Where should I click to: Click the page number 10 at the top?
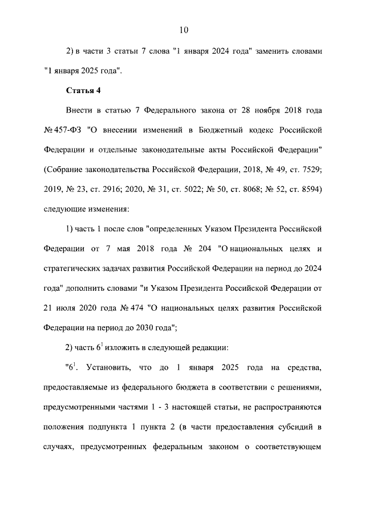[182, 30]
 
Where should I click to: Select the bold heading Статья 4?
[83, 90]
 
